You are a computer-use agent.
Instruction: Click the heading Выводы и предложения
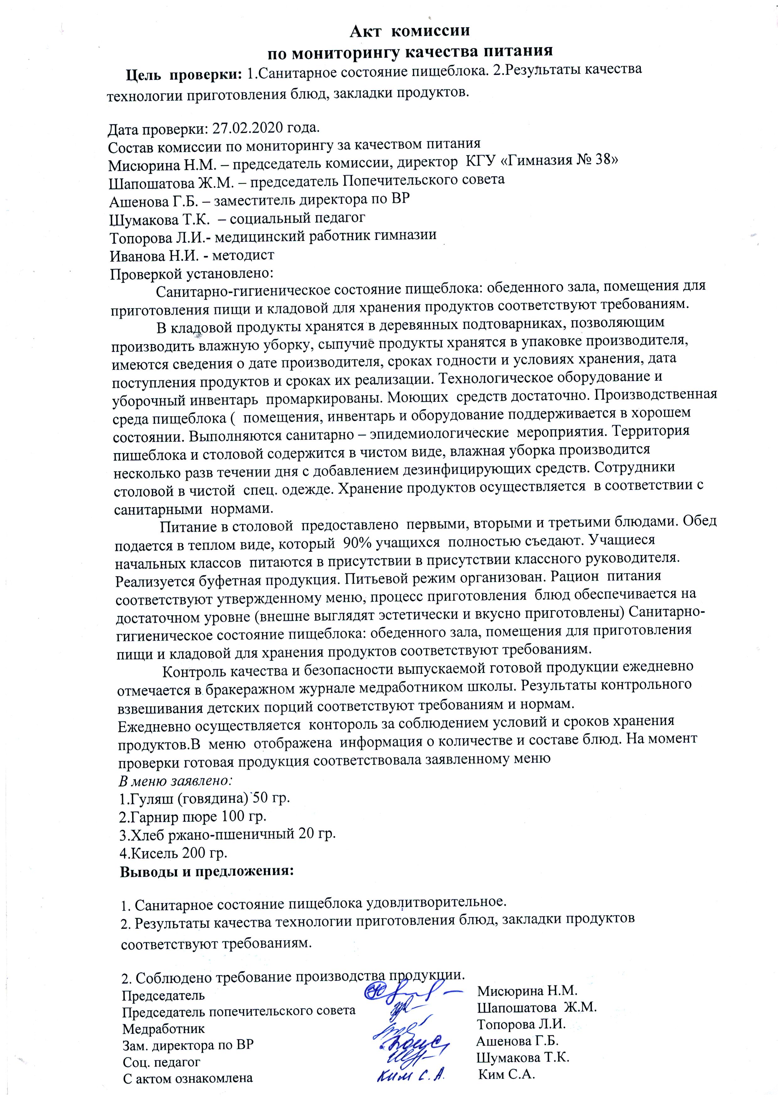click(x=206, y=871)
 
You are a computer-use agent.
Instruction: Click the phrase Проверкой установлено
click(x=192, y=274)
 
